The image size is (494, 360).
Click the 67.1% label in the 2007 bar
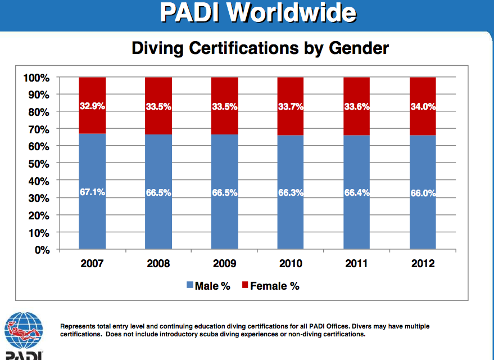tap(93, 192)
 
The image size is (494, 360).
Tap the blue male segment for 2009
tap(225, 219)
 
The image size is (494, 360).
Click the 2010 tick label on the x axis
tap(290, 263)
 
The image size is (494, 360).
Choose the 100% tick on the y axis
tap(38, 78)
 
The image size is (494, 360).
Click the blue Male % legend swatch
tap(189, 286)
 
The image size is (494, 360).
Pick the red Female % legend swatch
tap(244, 286)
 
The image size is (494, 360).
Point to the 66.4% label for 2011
tap(357, 192)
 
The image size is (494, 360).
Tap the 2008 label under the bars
tap(158, 263)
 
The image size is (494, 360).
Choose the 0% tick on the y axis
tap(43, 250)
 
